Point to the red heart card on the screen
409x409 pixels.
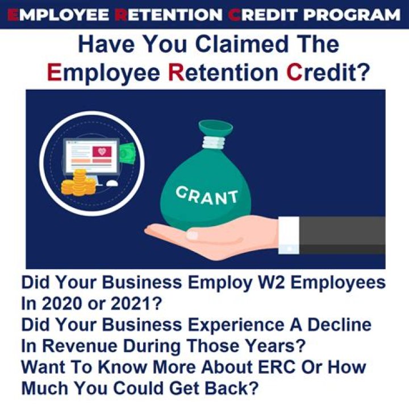click(x=102, y=152)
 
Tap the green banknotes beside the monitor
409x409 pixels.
click(x=127, y=152)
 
